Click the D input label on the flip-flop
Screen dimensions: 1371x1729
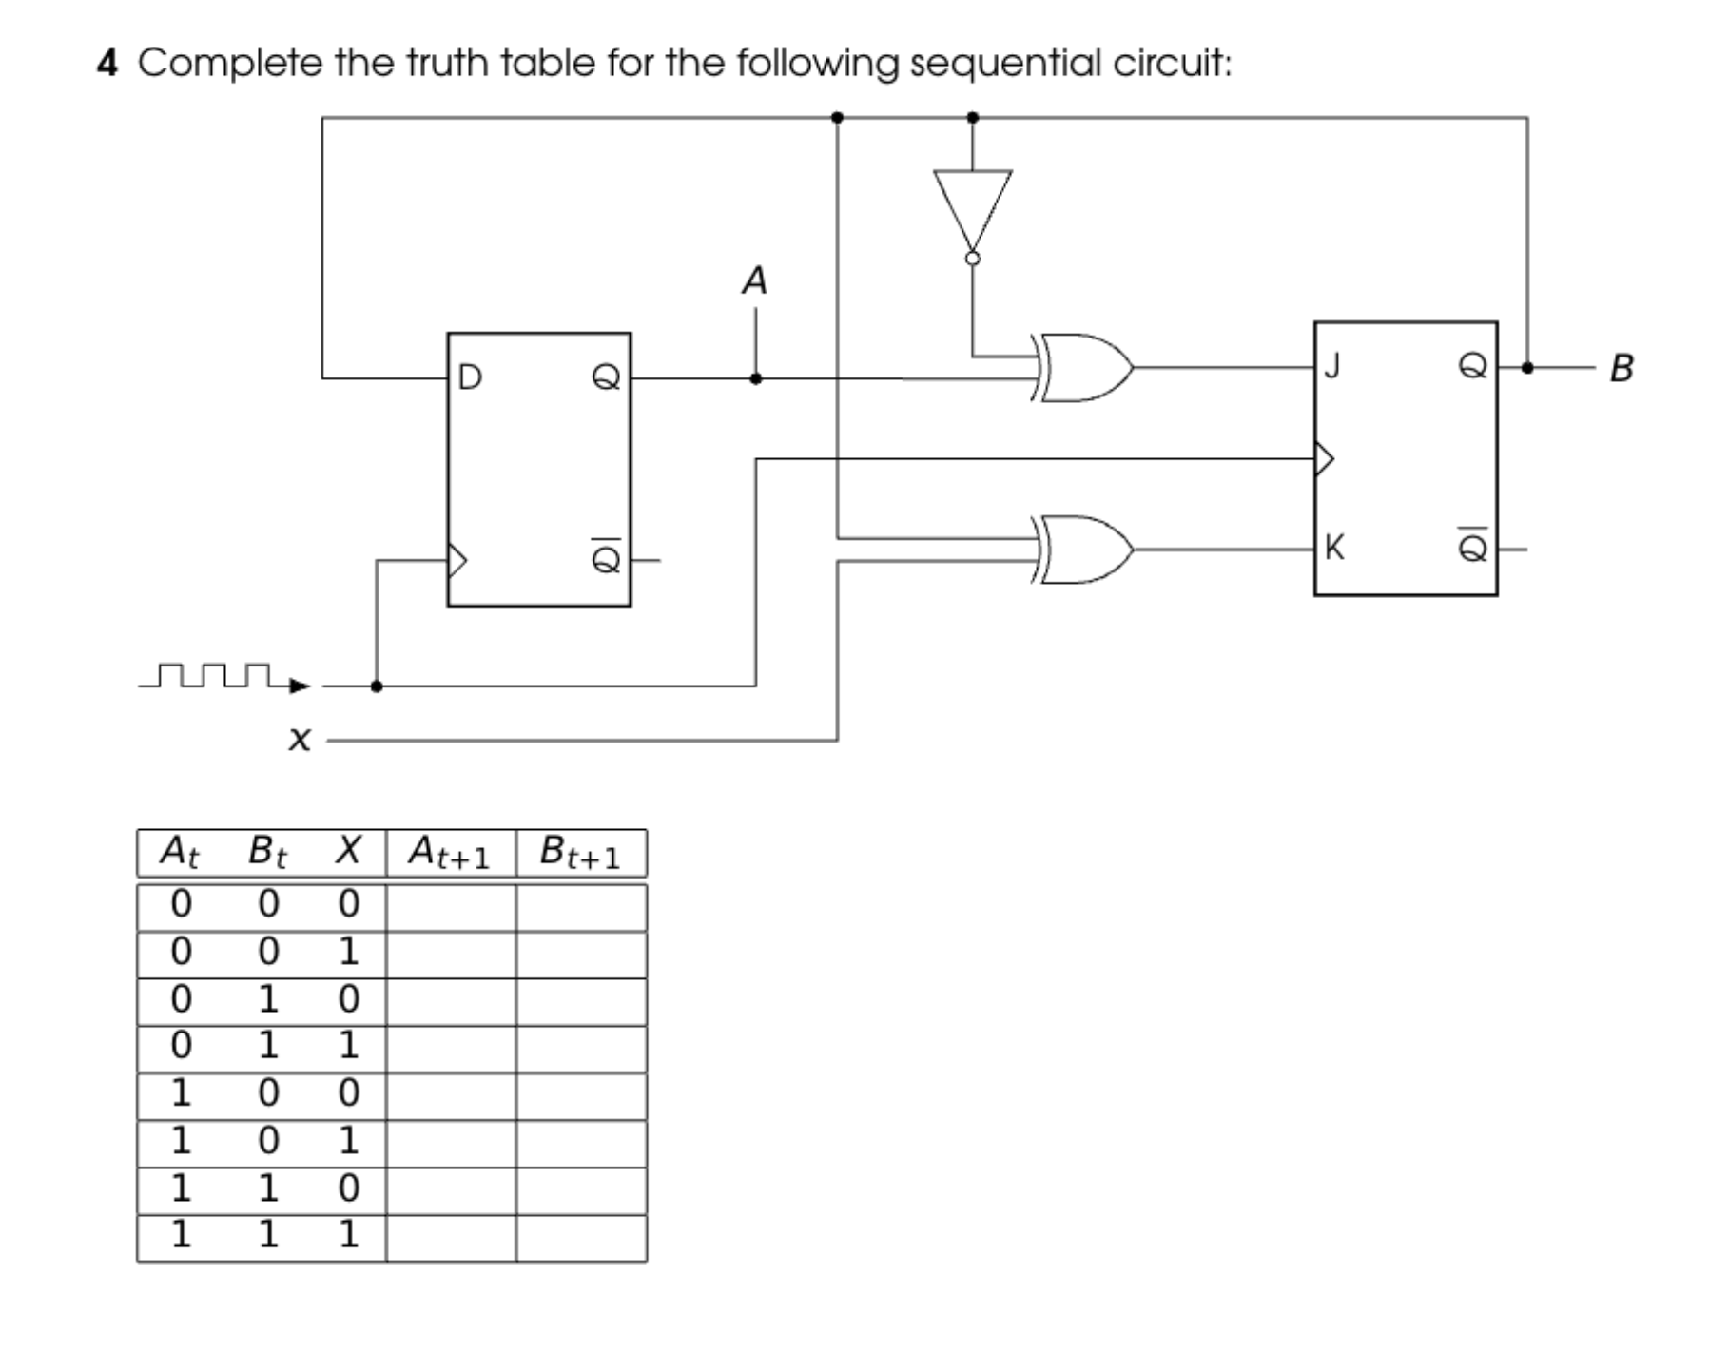pos(470,378)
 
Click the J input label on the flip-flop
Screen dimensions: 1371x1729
pos(1332,366)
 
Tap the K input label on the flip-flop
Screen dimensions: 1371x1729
pos(1334,548)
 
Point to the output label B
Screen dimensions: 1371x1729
pos(1621,368)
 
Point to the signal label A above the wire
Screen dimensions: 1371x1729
pos(754,281)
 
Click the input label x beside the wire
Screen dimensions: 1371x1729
pos(300,738)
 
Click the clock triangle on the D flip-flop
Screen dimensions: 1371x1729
pos(457,560)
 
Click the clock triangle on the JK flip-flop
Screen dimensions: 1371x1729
pos(1324,459)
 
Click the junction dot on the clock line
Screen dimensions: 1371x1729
pos(377,685)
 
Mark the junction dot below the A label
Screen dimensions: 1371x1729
pos(755,378)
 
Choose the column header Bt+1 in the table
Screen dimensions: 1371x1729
pos(580,853)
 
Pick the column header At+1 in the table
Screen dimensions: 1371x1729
pos(450,853)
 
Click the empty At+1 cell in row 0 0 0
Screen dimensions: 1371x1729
pos(451,907)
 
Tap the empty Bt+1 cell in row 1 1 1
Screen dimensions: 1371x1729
pos(581,1238)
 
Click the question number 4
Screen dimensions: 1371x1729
pos(107,64)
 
